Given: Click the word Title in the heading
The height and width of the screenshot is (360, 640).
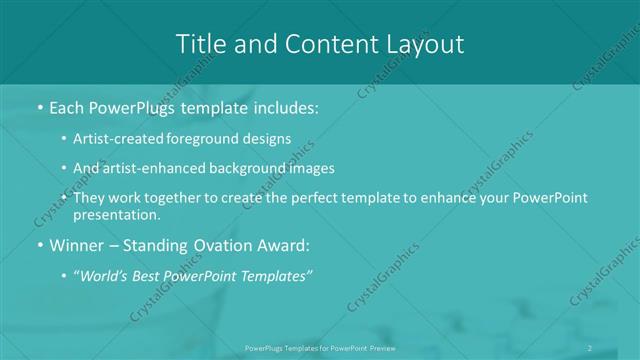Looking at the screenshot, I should tap(199, 43).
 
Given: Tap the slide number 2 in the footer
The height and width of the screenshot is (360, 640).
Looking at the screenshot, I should tap(591, 347).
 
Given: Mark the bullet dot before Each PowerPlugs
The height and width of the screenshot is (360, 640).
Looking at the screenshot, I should tap(38, 107).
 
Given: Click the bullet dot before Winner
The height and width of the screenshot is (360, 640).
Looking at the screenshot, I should tap(38, 245).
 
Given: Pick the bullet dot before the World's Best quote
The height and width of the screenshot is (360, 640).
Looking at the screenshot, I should tap(65, 275).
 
